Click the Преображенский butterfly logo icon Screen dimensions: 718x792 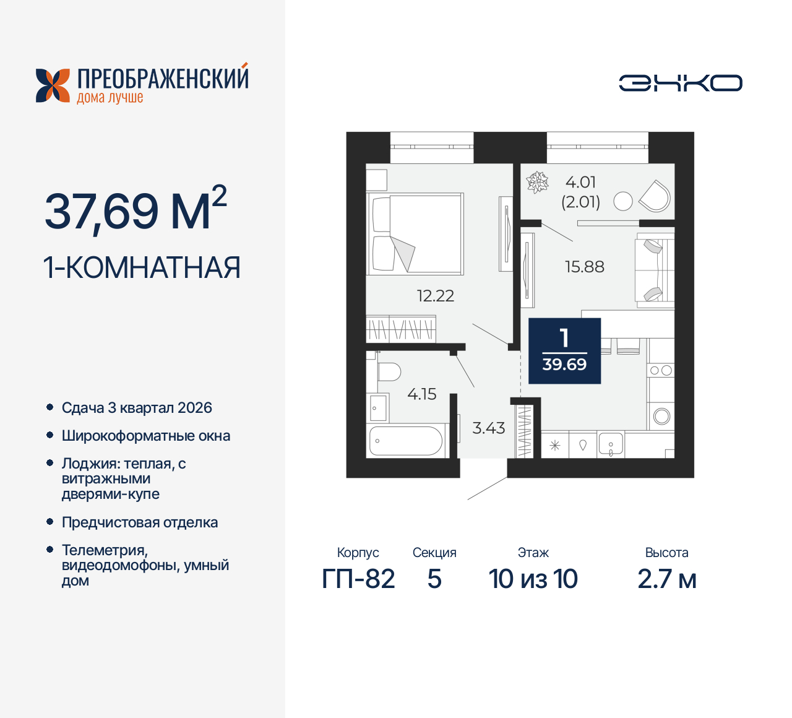(x=53, y=85)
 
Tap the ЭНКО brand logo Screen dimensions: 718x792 (x=681, y=83)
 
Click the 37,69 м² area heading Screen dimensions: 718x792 (x=136, y=209)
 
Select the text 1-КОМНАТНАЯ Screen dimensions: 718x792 (x=142, y=267)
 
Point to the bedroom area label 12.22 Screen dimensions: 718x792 (x=436, y=296)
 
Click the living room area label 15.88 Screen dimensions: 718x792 (x=584, y=267)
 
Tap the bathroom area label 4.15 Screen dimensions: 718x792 (x=421, y=394)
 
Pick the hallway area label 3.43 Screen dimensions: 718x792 (x=488, y=428)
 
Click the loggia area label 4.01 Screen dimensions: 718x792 (x=580, y=183)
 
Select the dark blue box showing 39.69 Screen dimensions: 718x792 (x=564, y=351)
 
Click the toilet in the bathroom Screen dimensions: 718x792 (x=388, y=372)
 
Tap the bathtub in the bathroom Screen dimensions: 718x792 (x=406, y=441)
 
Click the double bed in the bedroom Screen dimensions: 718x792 (x=415, y=233)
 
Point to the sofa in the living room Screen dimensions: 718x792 (x=654, y=270)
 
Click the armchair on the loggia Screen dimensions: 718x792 (x=655, y=196)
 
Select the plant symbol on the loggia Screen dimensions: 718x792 (x=537, y=183)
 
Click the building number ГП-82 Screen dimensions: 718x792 (x=358, y=579)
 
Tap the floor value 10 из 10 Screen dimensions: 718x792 (x=533, y=579)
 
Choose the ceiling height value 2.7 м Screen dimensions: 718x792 (x=666, y=579)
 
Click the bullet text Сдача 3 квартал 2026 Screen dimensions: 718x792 (x=137, y=408)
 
